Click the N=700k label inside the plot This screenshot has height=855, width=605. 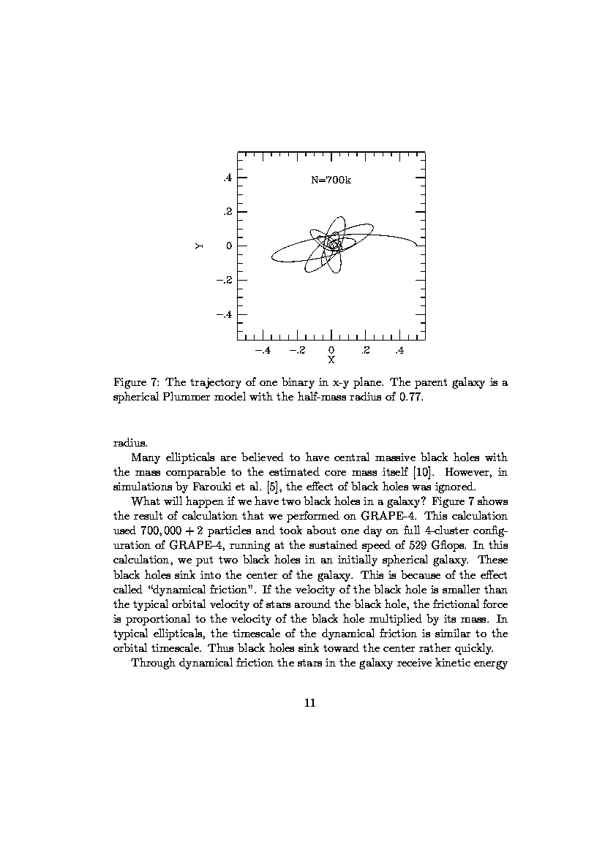coord(331,180)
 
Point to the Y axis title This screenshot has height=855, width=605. coord(198,246)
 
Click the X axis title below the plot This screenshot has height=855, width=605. coord(331,360)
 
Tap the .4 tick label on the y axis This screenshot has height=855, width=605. coord(228,178)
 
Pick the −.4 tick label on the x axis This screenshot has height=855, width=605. coord(261,351)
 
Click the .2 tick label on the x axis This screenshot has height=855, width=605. coord(365,351)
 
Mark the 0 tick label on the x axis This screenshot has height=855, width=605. coord(331,350)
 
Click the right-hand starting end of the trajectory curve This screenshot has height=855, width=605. coord(416,244)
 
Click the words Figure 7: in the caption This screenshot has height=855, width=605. coord(137,382)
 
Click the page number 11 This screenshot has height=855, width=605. coord(309,703)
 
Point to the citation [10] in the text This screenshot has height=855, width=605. coord(424,473)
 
